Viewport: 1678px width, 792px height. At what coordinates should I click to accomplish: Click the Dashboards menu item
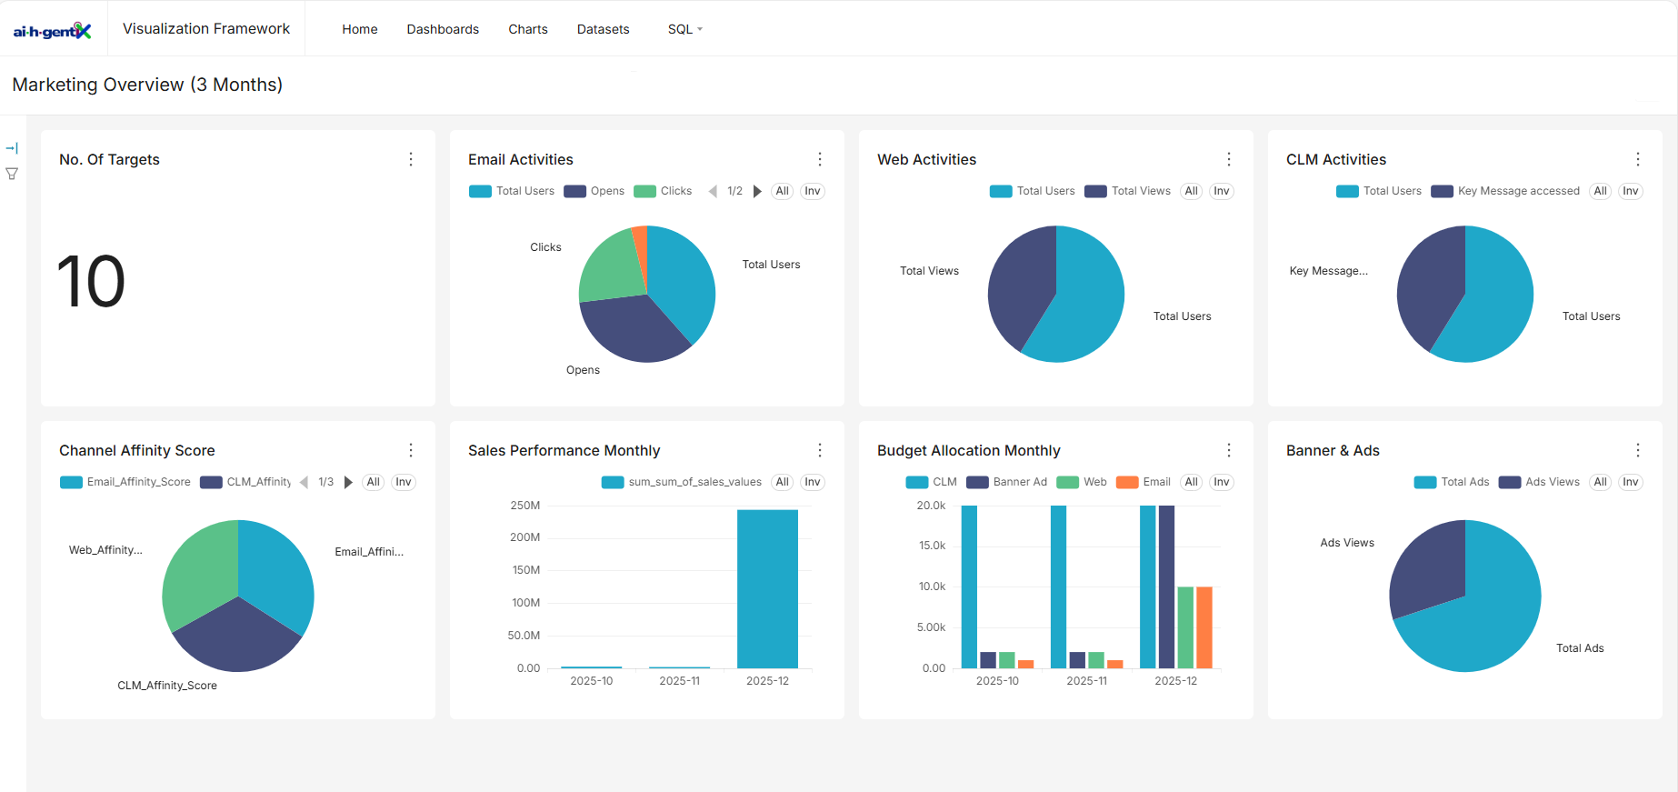pos(443,29)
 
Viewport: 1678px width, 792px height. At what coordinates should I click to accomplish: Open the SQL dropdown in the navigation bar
pos(684,29)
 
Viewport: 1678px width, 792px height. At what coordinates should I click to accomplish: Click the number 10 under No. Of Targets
pos(91,282)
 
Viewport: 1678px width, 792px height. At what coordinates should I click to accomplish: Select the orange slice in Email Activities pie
pos(641,244)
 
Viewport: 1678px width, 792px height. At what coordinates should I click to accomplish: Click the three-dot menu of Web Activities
pos(1229,159)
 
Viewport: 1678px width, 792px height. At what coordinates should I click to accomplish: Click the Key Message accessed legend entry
pos(1506,191)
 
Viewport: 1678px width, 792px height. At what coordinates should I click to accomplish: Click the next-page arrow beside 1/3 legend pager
pos(348,482)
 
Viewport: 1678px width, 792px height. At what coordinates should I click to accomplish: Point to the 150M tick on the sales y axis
pos(525,570)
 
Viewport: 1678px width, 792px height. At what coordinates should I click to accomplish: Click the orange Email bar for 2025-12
pos(1204,627)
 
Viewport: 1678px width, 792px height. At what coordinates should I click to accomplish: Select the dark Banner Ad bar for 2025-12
pos(1167,586)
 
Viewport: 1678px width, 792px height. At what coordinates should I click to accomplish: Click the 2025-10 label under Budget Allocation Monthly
pos(997,681)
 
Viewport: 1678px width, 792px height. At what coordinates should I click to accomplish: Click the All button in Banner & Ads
pos(1601,482)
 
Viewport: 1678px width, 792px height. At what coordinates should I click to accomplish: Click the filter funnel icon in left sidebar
pos(12,174)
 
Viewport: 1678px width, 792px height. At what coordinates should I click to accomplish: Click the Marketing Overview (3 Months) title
pos(147,85)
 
